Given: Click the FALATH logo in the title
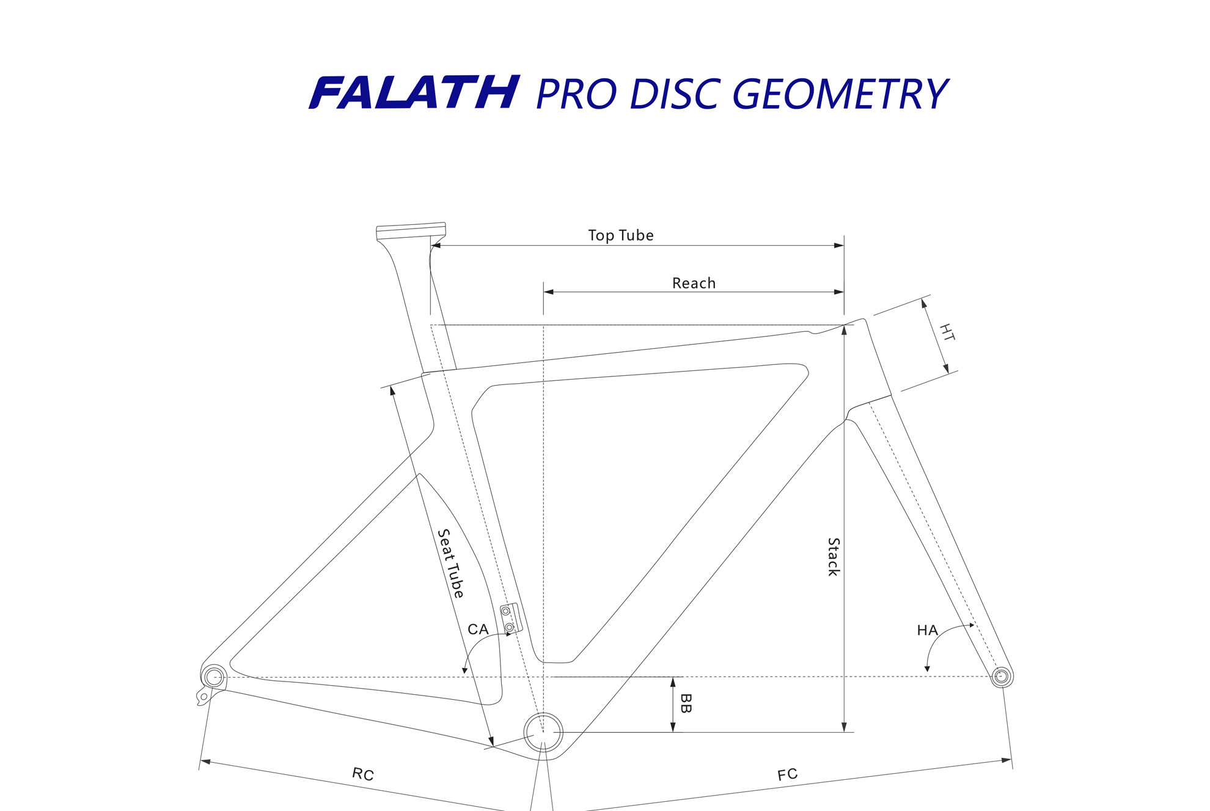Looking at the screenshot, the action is [414, 93].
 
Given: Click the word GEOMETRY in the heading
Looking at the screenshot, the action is [840, 94].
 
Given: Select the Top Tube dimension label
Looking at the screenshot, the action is [620, 235].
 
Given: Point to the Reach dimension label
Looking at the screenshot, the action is [694, 283].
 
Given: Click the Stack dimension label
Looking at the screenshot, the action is [834, 557].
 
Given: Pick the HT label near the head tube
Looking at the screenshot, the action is [947, 332].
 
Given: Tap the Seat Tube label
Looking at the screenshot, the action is [451, 563].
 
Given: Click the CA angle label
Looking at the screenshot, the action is [478, 629].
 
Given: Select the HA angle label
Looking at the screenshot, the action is [927, 630].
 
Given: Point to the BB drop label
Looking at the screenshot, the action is [686, 703].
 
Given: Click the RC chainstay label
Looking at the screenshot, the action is [363, 774].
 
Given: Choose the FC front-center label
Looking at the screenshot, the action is [787, 775].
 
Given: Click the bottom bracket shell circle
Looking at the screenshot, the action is [543, 732].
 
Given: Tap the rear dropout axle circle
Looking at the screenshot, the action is [214, 677].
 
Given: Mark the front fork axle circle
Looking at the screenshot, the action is [1000, 676].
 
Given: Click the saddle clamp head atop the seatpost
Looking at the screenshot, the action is [411, 231].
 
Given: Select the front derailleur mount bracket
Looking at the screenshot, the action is [511, 618].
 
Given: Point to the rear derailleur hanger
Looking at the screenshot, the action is [204, 696].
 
